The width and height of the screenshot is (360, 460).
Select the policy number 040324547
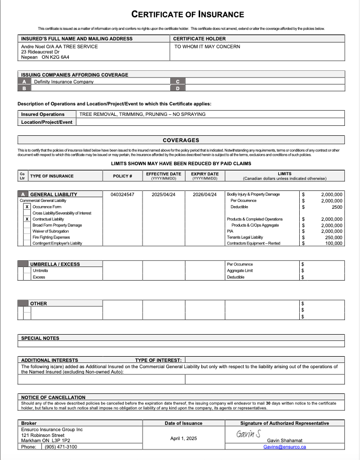(122, 195)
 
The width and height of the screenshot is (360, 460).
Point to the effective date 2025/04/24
(163, 195)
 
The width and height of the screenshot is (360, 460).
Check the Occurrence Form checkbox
(27, 207)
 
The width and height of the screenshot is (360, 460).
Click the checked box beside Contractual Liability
(27, 219)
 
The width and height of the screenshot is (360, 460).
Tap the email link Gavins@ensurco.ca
(285, 447)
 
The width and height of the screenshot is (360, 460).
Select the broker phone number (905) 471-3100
(61, 447)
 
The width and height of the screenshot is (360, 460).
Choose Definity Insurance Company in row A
(64, 82)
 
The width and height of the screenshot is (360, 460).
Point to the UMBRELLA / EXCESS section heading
(55, 264)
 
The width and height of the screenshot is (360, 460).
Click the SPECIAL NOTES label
(40, 338)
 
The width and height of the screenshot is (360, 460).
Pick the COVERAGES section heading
(181, 140)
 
